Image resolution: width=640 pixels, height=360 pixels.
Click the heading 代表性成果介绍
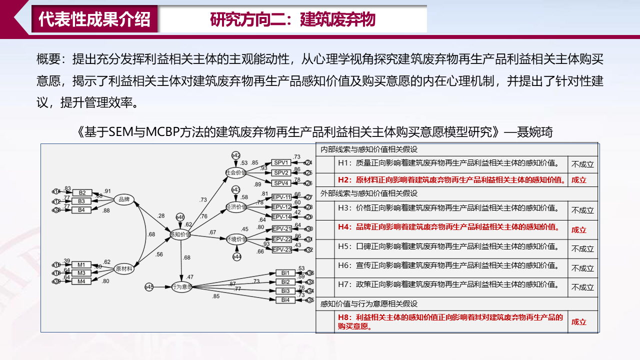coord(94,19)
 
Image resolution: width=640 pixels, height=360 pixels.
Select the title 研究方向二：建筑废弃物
coord(292,19)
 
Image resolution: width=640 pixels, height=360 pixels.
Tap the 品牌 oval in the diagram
coord(124,200)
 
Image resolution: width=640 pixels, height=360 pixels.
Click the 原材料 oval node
coord(124,269)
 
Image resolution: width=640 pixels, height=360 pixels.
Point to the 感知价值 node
coord(179,234)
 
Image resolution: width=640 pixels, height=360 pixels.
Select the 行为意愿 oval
coord(182,286)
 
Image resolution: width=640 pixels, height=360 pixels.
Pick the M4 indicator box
coord(81,281)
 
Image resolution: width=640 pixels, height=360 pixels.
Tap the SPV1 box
coord(281,162)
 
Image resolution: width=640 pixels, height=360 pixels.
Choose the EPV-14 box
coord(281,216)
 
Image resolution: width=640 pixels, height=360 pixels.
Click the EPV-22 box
coord(281,239)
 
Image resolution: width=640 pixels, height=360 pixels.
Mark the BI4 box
coord(285,300)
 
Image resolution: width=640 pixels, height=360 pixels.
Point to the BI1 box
coord(285,273)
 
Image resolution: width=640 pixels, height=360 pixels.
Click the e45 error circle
coord(149,286)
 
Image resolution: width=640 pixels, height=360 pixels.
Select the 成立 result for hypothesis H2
coord(579,180)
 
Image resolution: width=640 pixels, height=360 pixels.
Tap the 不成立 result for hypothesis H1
coord(582,164)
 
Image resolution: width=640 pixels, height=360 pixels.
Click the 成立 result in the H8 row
coord(579,322)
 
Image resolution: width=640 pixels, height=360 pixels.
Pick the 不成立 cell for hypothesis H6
coord(582,268)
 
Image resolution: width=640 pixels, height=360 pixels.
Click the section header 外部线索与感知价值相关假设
coord(369,193)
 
